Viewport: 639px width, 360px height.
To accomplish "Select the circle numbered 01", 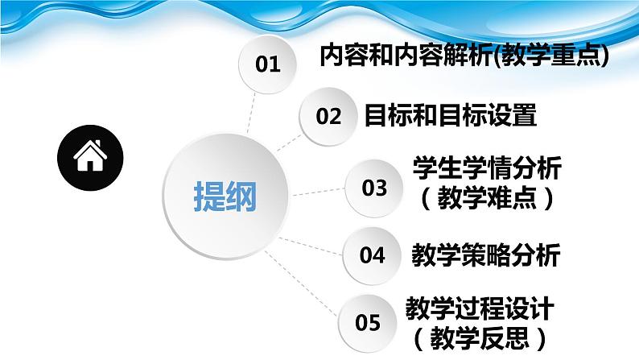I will pyautogui.click(x=267, y=64).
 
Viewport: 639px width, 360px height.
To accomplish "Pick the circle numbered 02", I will pyautogui.click(x=328, y=116).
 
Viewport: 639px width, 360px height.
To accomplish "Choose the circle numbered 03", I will pyautogui.click(x=373, y=188).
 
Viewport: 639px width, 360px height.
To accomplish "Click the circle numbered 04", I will pyautogui.click(x=372, y=256).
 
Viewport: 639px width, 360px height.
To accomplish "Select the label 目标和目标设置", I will pyautogui.click(x=450, y=116).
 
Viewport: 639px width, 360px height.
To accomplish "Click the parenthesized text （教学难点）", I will pyautogui.click(x=486, y=197).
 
